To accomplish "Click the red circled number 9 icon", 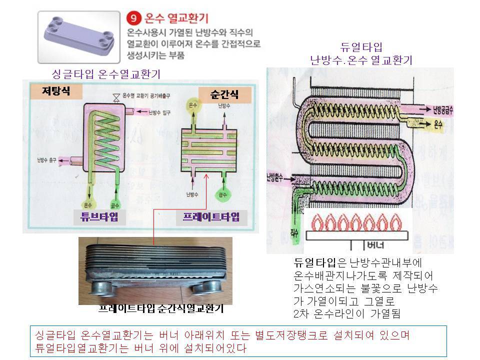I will point(135,20).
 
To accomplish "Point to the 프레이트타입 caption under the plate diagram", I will point(211,216).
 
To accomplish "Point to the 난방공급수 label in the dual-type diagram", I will point(440,108).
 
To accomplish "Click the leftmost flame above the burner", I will point(317,223).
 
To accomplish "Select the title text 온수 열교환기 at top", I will point(173,20).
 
